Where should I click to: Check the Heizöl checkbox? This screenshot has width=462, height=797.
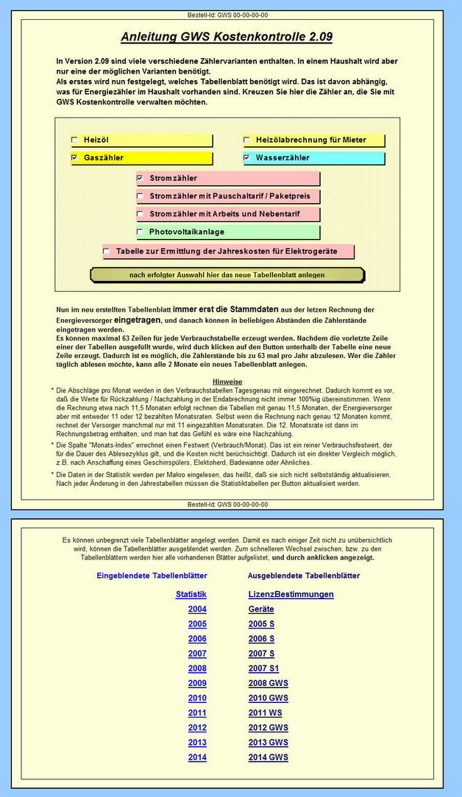coord(74,140)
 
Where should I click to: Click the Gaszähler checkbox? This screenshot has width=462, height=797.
coord(74,157)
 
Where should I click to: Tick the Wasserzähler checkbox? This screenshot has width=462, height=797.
coord(246,157)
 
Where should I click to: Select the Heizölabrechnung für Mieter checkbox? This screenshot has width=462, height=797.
coord(246,140)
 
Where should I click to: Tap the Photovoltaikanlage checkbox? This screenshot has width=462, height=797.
coord(140,232)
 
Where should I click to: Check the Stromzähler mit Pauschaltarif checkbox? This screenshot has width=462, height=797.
coord(140,196)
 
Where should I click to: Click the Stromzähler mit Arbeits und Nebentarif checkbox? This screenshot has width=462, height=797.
coord(140,214)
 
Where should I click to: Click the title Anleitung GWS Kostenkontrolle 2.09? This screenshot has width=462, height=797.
coord(231,37)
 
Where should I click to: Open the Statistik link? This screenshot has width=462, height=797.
coord(191,594)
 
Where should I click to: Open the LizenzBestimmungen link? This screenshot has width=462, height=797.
coord(291,594)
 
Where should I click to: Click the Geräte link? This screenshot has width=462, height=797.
coord(261,609)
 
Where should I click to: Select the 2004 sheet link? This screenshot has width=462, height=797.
coord(197,609)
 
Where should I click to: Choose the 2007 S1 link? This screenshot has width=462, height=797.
coord(264,668)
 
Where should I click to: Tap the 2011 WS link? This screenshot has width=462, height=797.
coord(265,712)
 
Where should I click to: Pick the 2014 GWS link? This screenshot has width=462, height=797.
coord(268,757)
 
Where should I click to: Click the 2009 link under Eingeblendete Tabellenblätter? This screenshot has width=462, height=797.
coord(197,683)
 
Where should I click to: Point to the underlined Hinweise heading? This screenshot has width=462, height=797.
coord(227,382)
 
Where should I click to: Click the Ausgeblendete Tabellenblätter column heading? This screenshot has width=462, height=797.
coord(304,576)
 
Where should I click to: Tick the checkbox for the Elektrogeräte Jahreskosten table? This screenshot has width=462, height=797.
coord(107,251)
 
